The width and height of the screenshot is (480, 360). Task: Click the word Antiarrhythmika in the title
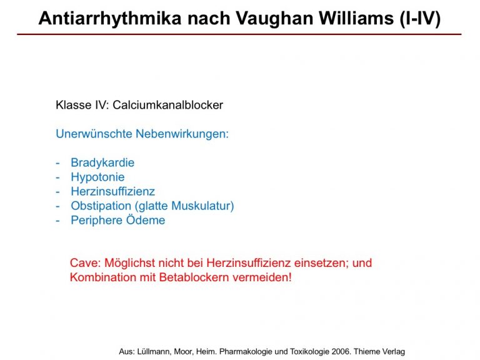(x=110, y=18)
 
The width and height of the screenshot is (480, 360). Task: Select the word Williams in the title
(x=357, y=17)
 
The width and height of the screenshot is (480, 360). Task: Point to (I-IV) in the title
(x=420, y=18)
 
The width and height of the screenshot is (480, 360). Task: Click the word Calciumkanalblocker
(x=167, y=105)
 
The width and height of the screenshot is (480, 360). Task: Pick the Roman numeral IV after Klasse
(x=101, y=105)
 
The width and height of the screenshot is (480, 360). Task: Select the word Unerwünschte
(x=94, y=134)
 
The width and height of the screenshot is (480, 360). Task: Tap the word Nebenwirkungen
(x=182, y=134)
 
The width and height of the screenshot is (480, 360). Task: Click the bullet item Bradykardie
(x=102, y=162)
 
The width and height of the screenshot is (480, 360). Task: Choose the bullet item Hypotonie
(x=97, y=177)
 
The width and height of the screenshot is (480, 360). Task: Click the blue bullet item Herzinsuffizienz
(x=113, y=191)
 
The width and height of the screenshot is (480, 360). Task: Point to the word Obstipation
(x=101, y=206)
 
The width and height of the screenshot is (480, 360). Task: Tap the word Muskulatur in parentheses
(x=201, y=206)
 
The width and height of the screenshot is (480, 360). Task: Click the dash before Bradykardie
(x=57, y=163)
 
